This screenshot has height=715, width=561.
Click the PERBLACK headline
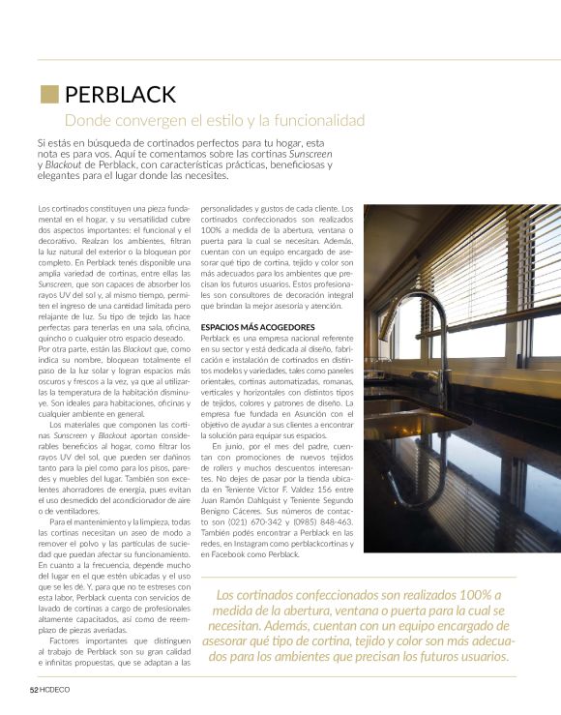click(x=120, y=94)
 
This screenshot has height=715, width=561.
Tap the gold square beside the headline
click(x=48, y=94)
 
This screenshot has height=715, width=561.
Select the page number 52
click(x=33, y=690)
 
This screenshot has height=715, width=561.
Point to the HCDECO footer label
click(x=55, y=690)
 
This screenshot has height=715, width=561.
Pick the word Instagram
click(x=254, y=542)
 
